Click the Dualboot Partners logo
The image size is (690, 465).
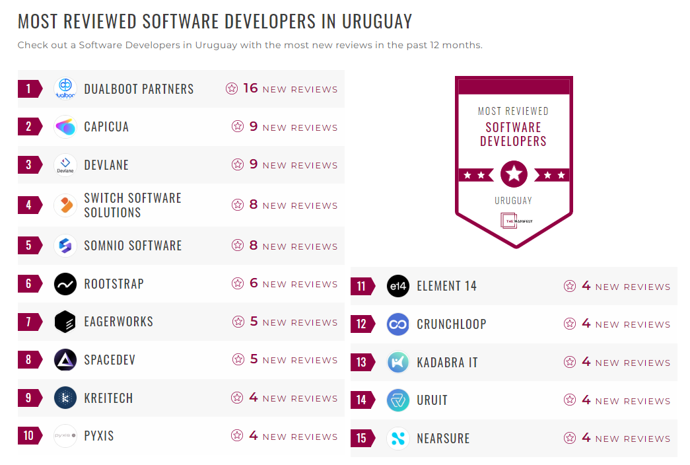point(65,89)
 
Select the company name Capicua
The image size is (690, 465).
point(106,127)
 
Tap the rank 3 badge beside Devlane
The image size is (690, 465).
point(28,164)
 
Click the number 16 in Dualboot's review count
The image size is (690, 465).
point(250,89)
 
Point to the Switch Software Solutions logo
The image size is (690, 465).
point(65,205)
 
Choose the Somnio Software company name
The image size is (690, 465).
point(133,246)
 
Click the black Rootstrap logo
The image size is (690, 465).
point(65,284)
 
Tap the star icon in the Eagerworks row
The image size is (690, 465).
point(238,322)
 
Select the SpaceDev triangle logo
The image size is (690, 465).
point(65,360)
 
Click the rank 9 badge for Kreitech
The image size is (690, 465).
point(28,398)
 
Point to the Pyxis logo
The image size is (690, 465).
point(65,436)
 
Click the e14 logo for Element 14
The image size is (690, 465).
point(398,286)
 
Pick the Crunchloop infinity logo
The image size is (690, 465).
point(398,324)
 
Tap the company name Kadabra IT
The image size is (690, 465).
point(447,363)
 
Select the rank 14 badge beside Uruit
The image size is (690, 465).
point(361,400)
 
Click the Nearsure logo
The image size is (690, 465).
point(398,439)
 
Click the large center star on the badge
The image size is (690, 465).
point(514,174)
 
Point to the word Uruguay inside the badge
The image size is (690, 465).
point(513,200)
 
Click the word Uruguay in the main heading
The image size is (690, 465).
point(376,21)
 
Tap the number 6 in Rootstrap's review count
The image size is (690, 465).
point(254,283)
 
